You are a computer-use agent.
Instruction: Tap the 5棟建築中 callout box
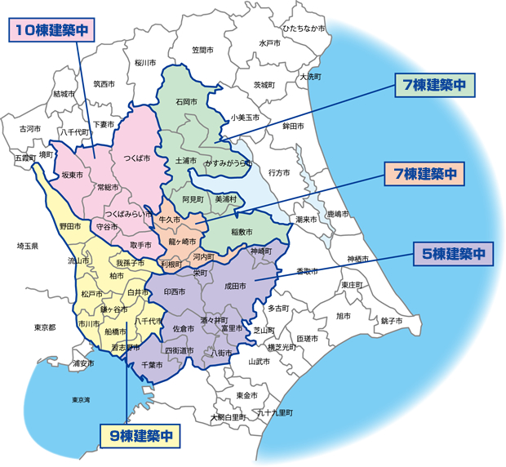coord(453,254)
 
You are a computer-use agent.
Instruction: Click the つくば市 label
coord(137,158)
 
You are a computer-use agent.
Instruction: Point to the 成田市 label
coord(234,287)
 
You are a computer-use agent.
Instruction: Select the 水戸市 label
coord(269,43)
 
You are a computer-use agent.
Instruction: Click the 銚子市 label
coord(391,321)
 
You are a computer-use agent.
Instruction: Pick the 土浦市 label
coord(187,161)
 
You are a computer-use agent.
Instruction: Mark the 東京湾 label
coord(81,400)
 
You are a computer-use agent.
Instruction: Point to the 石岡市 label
coord(187,102)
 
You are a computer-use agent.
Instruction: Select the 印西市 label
coord(175,291)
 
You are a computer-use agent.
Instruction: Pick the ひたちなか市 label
coord(304,29)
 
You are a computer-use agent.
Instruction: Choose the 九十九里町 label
coord(274,413)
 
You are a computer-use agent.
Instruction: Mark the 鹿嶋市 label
coord(337,214)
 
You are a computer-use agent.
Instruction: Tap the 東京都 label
coord(45,327)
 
